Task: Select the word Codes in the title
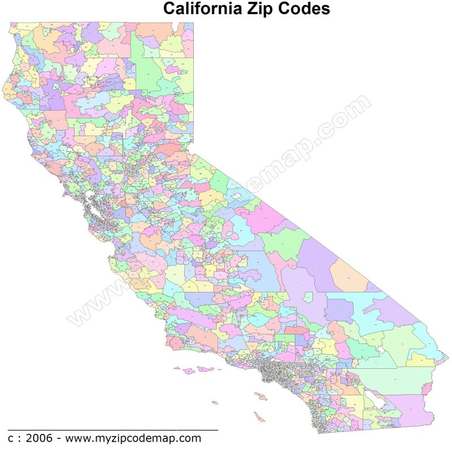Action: [308, 10]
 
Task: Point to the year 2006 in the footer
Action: [37, 438]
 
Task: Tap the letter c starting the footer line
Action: [11, 438]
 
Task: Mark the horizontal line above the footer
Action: [113, 430]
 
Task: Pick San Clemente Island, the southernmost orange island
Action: [259, 417]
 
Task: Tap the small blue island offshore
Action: [215, 403]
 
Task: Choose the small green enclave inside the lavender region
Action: [308, 297]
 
